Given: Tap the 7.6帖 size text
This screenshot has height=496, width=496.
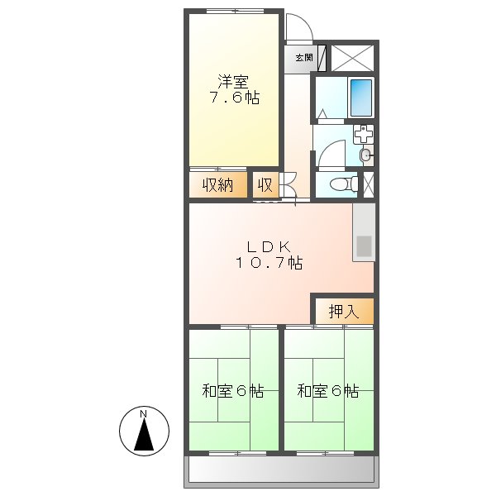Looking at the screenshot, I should (x=234, y=98).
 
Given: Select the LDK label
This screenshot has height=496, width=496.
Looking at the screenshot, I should (x=267, y=246).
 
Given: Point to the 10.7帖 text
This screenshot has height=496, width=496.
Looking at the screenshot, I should (x=267, y=263).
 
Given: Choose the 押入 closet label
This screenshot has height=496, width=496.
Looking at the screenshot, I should (x=343, y=312).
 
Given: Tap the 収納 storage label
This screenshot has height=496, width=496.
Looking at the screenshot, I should (x=218, y=185).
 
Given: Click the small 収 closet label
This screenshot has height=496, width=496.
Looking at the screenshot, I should (x=264, y=185).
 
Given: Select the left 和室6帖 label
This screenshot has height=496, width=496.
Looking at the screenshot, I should (x=233, y=391).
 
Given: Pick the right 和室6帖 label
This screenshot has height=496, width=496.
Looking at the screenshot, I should (x=328, y=391).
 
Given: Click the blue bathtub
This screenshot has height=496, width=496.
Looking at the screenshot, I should (x=360, y=98).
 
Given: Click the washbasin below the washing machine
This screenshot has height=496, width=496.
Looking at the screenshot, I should (x=365, y=154).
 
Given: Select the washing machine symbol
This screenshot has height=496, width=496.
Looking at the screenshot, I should (x=364, y=134).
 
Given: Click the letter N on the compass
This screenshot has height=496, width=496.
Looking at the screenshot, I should (x=143, y=413).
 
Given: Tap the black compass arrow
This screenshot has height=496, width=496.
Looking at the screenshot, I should (x=144, y=435).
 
